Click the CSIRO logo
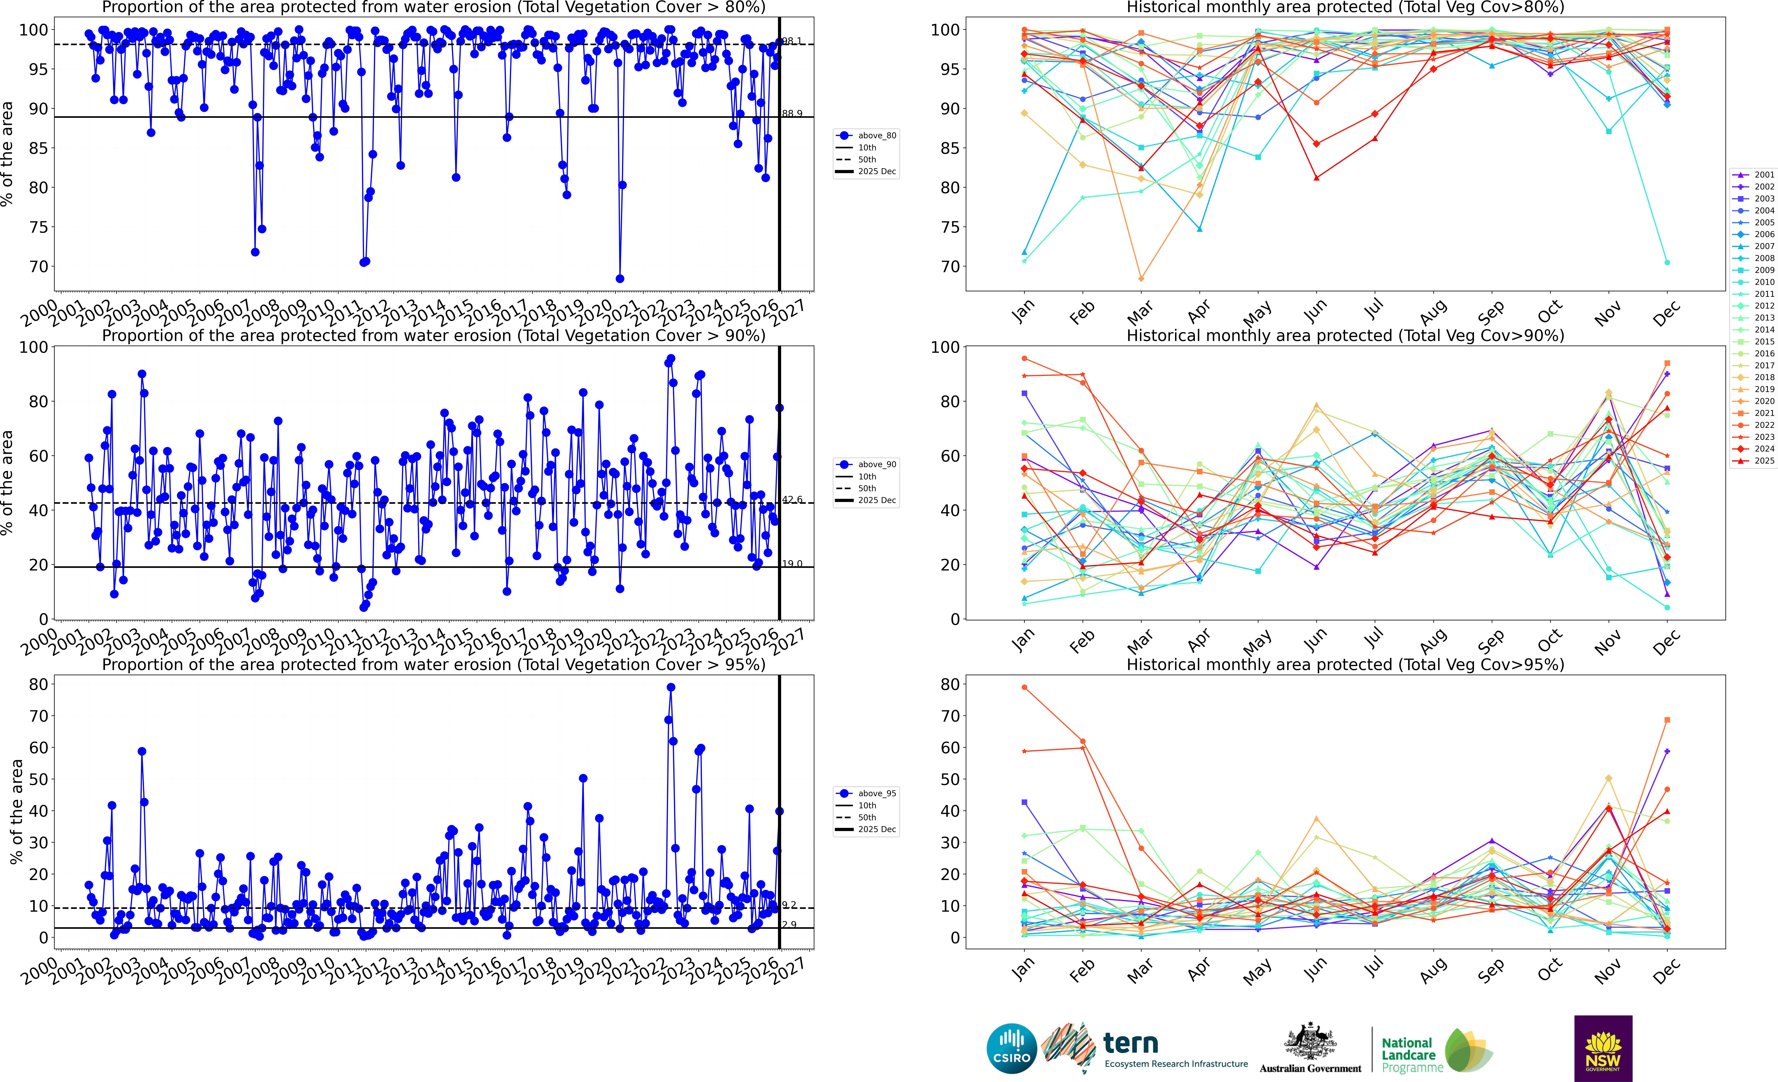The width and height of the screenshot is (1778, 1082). point(1012,1048)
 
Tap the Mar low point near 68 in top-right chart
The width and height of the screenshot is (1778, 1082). point(1141,278)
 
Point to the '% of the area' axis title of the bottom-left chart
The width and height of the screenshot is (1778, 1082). point(16,812)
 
